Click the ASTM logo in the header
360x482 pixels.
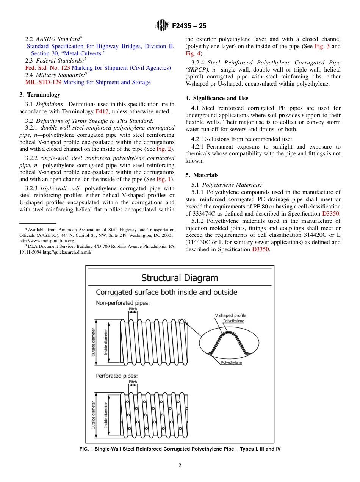click(x=162, y=26)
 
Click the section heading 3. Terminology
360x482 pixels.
click(x=40, y=95)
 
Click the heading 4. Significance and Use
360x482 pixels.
click(x=217, y=98)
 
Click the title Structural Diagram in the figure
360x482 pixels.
click(x=180, y=278)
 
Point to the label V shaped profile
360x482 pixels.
click(x=230, y=315)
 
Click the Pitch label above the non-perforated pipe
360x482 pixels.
click(x=133, y=309)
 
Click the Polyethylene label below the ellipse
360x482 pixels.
click(x=231, y=363)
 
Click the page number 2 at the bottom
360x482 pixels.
click(x=180, y=466)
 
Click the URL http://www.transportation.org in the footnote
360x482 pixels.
click(x=47, y=240)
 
